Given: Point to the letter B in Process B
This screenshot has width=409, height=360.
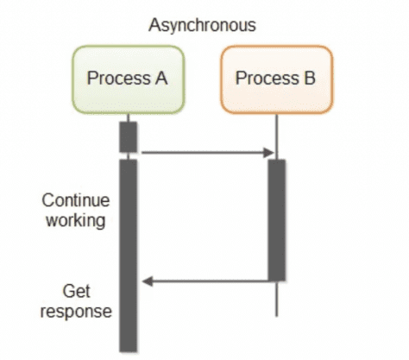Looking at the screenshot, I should click(x=308, y=79).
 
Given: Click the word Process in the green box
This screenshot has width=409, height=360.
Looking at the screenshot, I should click(x=117, y=79).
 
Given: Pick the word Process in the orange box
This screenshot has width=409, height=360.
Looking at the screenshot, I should click(x=266, y=79).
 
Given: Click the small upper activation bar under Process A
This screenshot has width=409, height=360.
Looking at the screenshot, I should click(x=128, y=136).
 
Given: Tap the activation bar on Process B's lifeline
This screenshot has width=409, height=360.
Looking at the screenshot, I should click(x=276, y=219).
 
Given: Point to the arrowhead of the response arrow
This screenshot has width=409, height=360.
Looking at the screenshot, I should click(x=147, y=281).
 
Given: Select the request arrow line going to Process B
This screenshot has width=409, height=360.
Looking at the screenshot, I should click(x=203, y=154).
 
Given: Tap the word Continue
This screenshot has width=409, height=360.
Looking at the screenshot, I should click(x=77, y=201).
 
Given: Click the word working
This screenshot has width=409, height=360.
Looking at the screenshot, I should click(x=77, y=221).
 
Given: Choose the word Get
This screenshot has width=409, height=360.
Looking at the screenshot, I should click(x=77, y=290).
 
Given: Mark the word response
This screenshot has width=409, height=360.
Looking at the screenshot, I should click(x=77, y=310).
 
